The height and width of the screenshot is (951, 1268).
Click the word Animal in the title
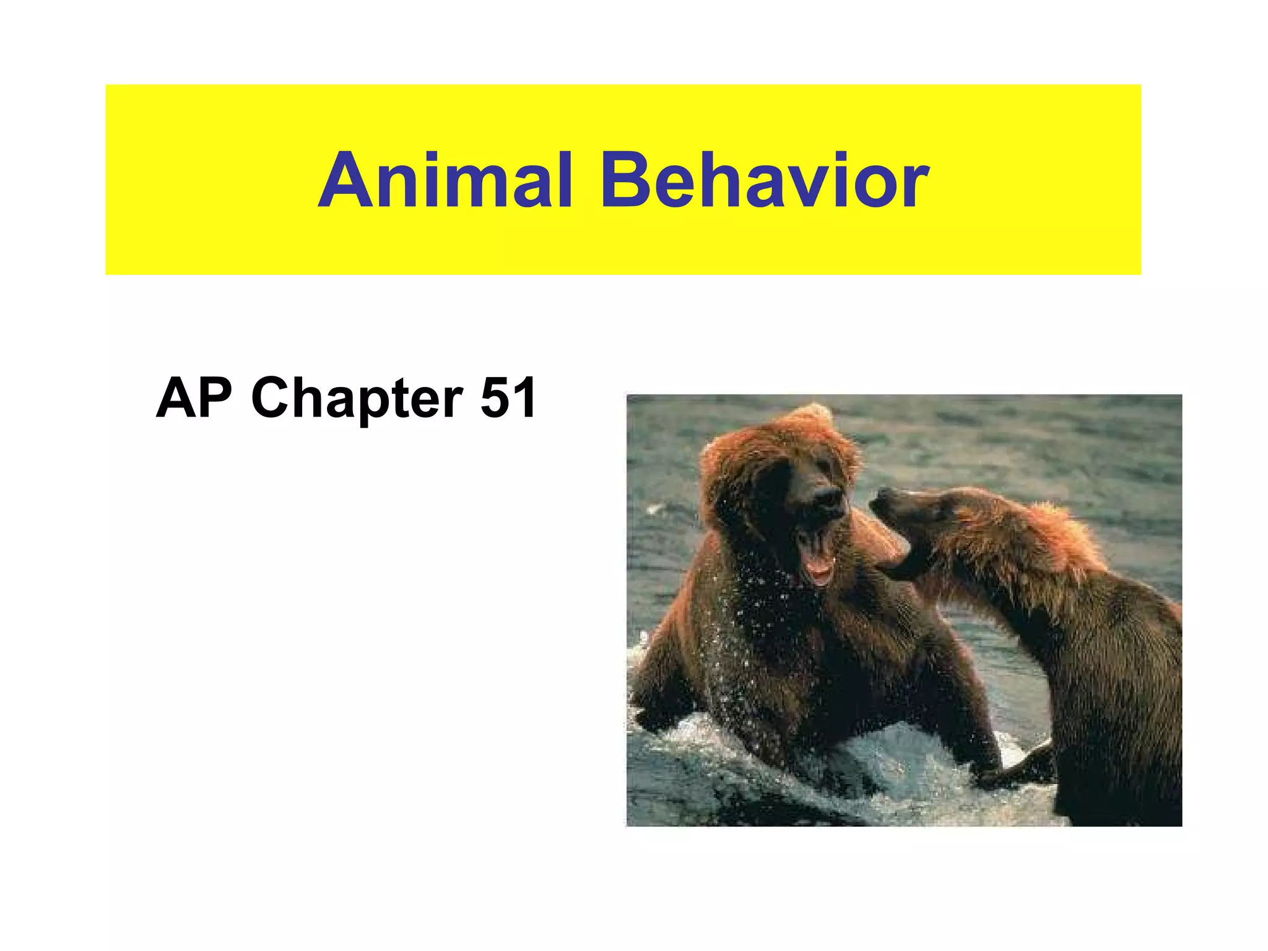[445, 181]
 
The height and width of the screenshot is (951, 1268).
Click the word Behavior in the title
[764, 181]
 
